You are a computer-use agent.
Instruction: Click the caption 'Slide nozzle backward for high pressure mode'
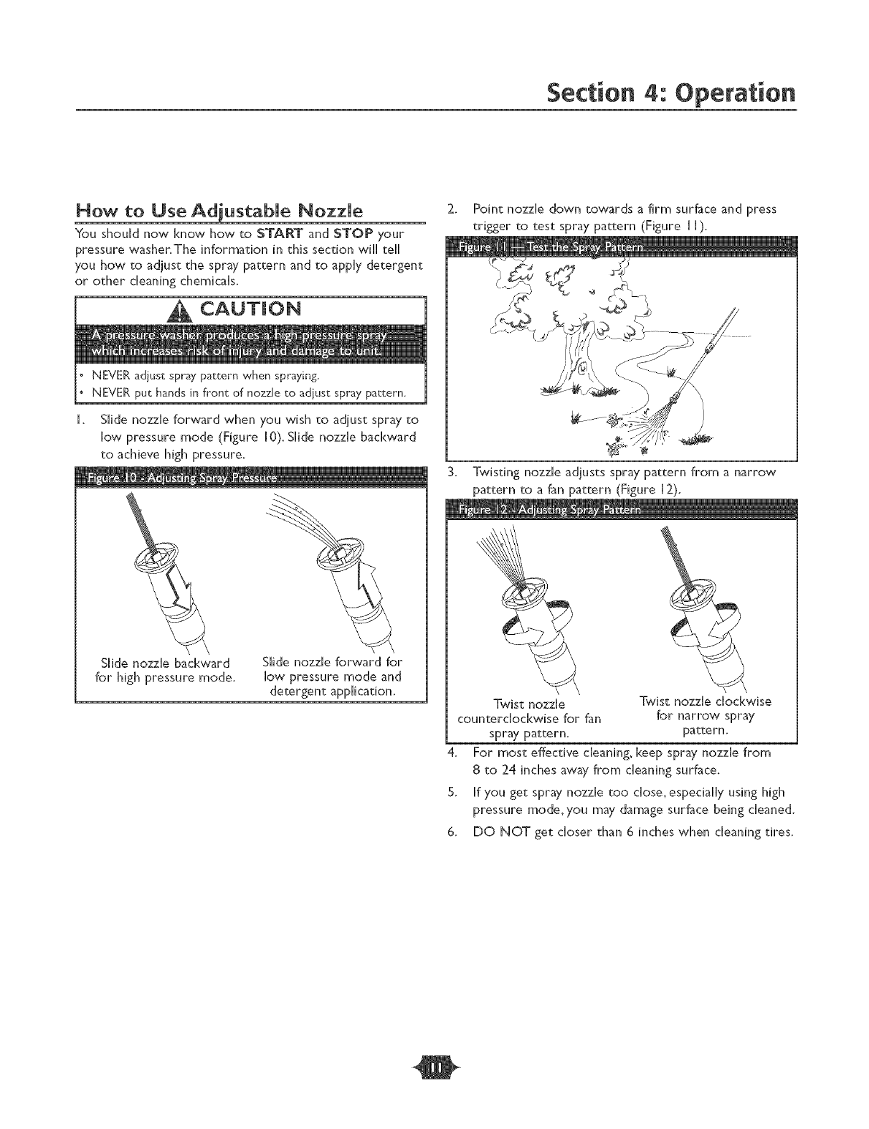(166, 669)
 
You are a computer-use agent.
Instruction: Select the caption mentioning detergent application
(332, 676)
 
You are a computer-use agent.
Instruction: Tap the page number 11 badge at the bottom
(434, 1090)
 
